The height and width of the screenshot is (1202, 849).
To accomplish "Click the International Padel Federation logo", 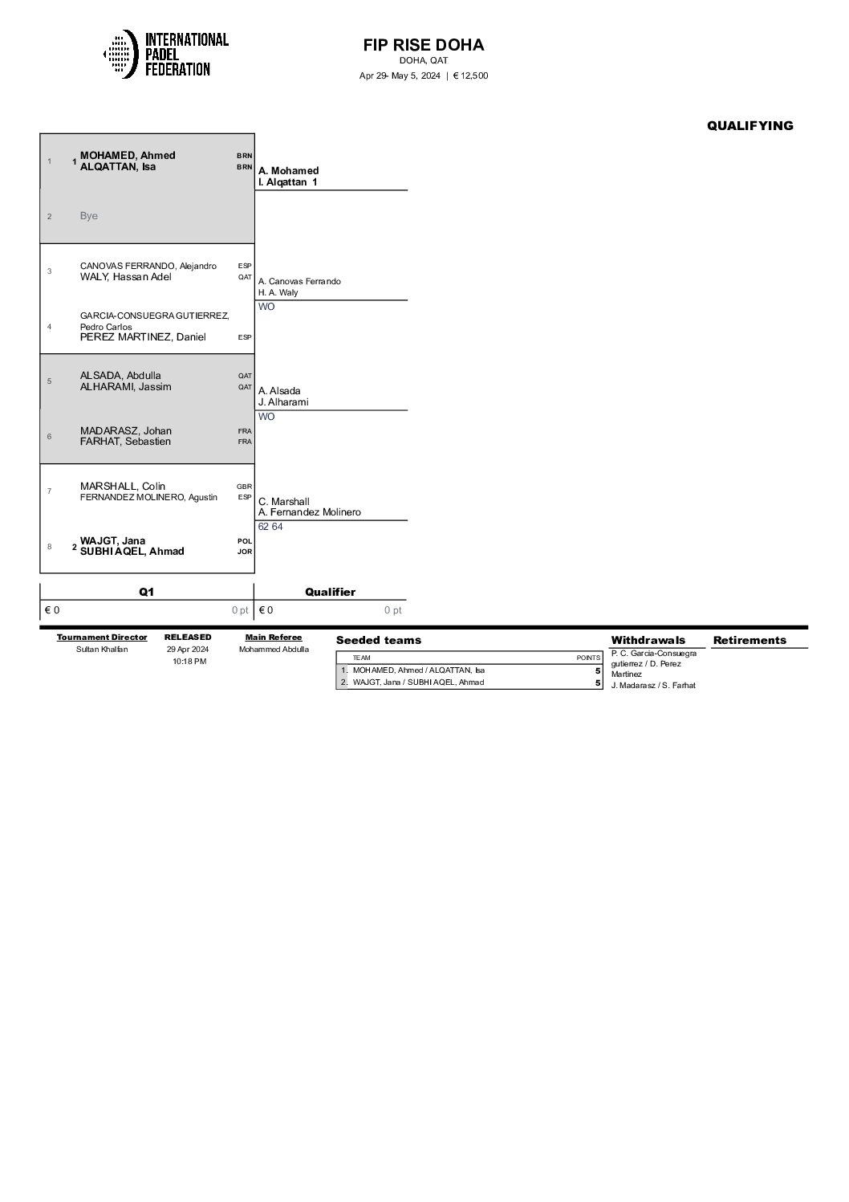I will point(166,54).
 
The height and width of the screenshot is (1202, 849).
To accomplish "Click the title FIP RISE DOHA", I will point(424,45).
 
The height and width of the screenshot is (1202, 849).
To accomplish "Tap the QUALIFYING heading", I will point(749,125).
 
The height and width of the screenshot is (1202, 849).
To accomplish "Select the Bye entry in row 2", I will point(89,216).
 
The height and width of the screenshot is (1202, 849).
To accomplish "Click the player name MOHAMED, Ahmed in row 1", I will point(128,156).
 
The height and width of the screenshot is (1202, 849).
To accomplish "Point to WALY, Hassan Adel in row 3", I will point(126,277).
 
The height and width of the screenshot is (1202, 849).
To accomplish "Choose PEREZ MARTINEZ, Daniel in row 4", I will point(143,337).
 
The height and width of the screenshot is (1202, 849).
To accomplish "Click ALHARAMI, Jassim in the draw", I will point(125,387).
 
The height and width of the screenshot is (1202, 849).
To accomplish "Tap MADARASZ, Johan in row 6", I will point(126,430).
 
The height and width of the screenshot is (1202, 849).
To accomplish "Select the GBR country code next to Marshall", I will point(244,487).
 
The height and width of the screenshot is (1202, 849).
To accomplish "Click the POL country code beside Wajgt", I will point(244,541).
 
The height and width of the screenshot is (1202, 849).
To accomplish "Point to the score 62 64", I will point(270,527).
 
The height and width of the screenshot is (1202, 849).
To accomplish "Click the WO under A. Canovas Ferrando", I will point(266,307).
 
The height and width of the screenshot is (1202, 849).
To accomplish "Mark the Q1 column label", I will point(146,592).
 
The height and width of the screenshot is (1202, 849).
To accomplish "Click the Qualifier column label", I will point(330,592).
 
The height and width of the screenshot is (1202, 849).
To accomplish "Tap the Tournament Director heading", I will point(102,638).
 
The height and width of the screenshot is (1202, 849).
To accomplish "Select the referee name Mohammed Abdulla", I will point(274,650).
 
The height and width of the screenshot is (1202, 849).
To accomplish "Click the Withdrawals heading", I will point(648,640).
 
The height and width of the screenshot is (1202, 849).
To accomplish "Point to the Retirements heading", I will point(749,640).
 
